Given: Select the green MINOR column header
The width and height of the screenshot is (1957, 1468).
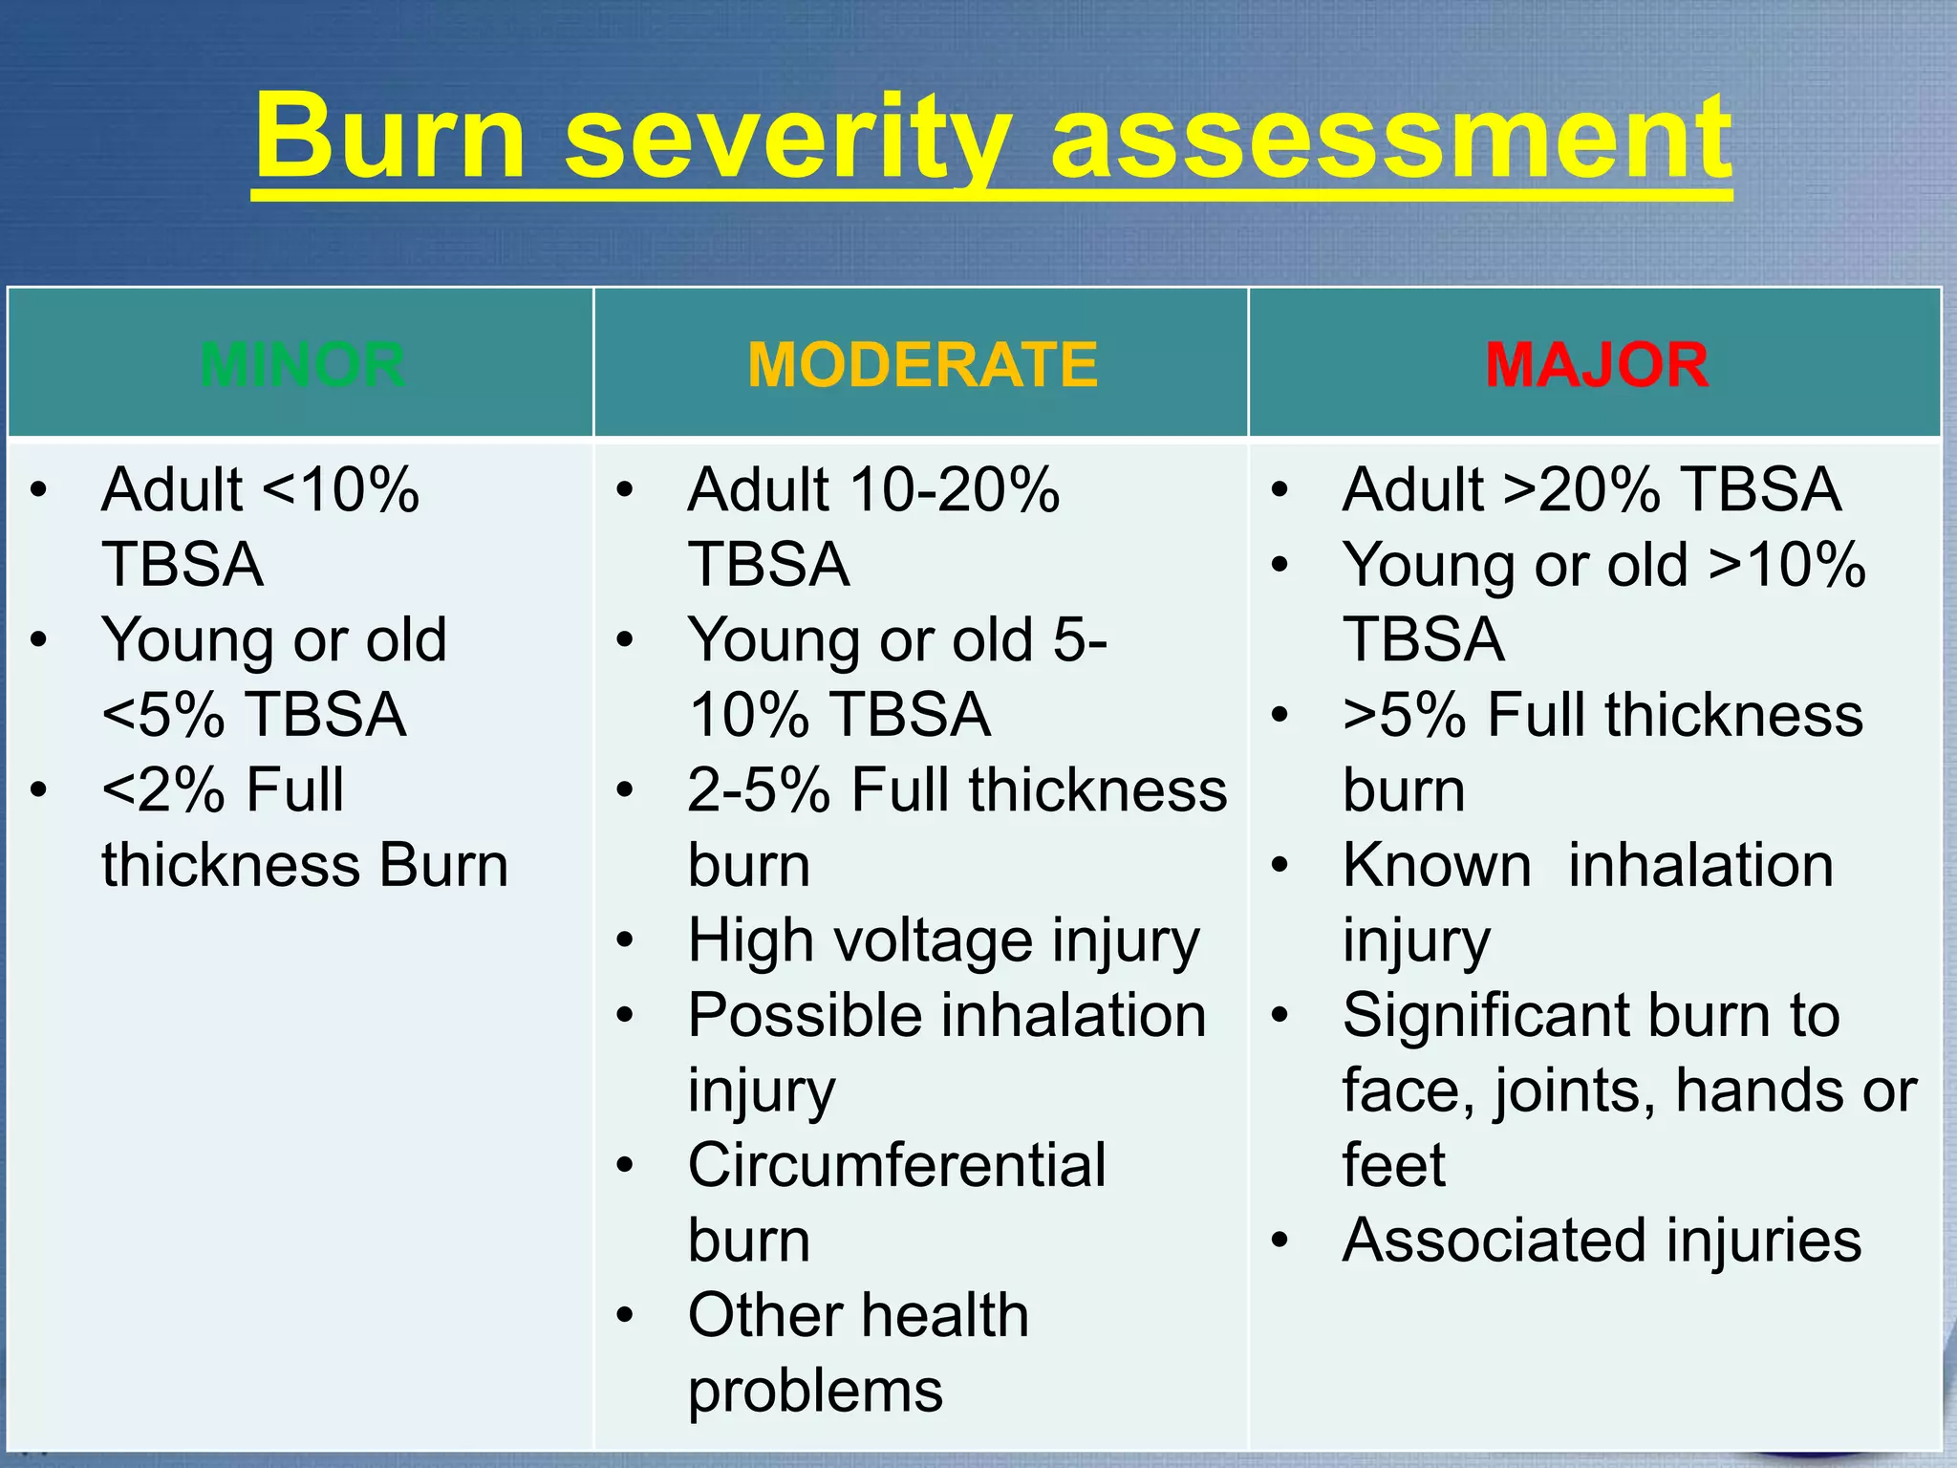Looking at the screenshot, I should pyautogui.click(x=302, y=364).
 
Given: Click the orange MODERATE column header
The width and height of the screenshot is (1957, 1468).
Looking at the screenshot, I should pyautogui.click(x=922, y=364).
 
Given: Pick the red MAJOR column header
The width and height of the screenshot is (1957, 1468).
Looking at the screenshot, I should pyautogui.click(x=1596, y=364).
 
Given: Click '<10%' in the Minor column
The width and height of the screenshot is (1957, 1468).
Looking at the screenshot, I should pyautogui.click(x=340, y=489).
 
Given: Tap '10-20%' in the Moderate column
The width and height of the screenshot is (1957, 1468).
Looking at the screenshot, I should pyautogui.click(x=955, y=489).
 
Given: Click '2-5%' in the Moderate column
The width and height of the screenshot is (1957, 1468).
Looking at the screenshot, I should pyautogui.click(x=759, y=790).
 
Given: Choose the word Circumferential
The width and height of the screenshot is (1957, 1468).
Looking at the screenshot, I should pyautogui.click(x=896, y=1165).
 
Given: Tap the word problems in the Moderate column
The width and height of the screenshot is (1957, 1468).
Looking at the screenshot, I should pyautogui.click(x=815, y=1391).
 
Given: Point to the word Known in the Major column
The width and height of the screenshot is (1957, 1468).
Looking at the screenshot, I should pyautogui.click(x=1436, y=865).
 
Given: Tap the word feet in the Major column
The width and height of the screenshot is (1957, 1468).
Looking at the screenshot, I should pyautogui.click(x=1393, y=1165).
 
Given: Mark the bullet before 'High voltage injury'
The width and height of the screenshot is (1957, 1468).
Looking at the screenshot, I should pyautogui.click(x=625, y=940).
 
